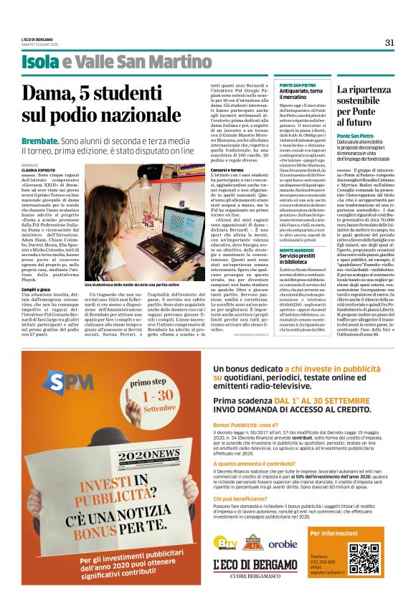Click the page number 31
pos(389,42)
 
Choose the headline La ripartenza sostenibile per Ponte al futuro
pos(365,107)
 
